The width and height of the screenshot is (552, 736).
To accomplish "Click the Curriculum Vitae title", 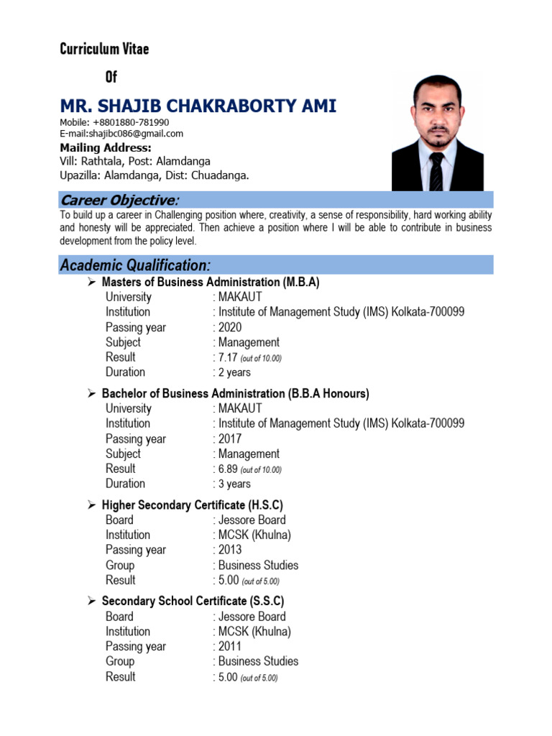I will tap(104, 49).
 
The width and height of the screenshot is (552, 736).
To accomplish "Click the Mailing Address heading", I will tap(105, 148).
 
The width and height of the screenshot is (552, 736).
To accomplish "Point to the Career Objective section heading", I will tap(119, 200).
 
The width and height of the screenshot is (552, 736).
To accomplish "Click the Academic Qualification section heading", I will tap(135, 265).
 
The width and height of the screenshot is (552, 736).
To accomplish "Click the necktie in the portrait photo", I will tap(436, 171).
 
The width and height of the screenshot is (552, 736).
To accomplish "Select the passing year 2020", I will tap(230, 328).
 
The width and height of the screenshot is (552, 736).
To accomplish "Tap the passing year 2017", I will tap(230, 439).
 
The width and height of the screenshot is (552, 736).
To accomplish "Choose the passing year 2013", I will tap(230, 550).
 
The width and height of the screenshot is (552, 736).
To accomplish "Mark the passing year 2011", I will tap(230, 646).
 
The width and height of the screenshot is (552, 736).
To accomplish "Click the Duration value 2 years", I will tap(234, 372).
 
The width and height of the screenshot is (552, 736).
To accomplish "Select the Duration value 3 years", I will tap(234, 484).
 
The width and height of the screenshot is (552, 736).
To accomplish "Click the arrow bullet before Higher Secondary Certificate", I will tap(92, 505).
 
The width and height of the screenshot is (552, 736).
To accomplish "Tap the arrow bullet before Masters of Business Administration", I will tap(92, 282).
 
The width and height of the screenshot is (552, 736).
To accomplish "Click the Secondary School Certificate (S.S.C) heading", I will tap(193, 601).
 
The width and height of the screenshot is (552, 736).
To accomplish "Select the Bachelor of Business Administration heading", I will tap(235, 394).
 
